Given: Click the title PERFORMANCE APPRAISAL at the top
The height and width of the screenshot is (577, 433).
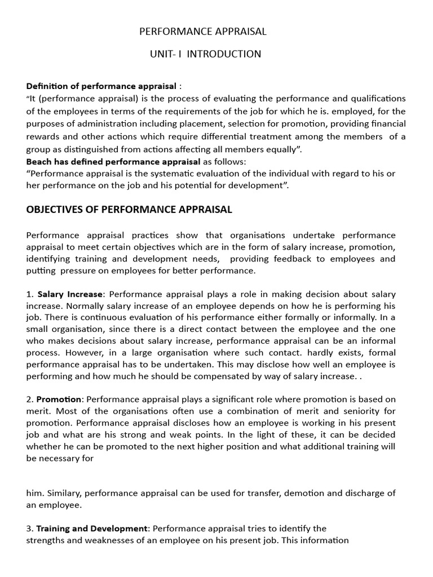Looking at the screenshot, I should [x=203, y=32].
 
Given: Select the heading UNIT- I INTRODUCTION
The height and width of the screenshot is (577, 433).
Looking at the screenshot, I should [x=205, y=54].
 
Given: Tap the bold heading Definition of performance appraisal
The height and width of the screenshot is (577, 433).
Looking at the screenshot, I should [x=101, y=86].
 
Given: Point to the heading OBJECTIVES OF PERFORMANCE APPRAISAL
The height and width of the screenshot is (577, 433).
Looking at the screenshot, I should [x=129, y=210].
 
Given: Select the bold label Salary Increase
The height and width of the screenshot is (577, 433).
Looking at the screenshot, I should [x=70, y=294].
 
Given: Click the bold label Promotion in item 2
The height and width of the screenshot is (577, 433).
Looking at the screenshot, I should [x=59, y=399].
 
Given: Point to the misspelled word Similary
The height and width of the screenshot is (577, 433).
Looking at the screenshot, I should [x=60, y=493].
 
